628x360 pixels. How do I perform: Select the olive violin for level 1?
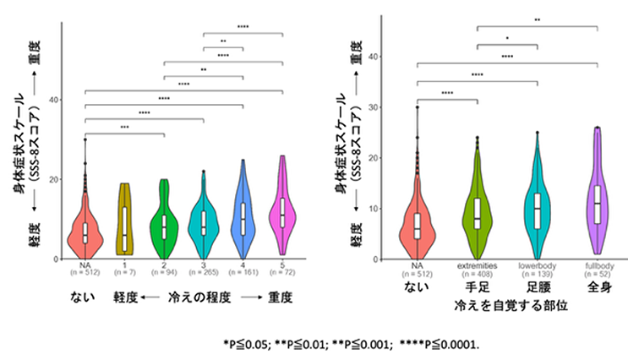pyautogui.click(x=126, y=220)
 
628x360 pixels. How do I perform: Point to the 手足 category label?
pyautogui.click(x=478, y=286)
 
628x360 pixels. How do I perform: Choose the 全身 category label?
pyautogui.click(x=598, y=286)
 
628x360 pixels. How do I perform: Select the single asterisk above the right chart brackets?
pyautogui.click(x=507, y=38)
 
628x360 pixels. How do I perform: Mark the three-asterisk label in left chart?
pyautogui.click(x=124, y=128)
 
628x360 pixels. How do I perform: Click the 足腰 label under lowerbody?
pyautogui.click(x=538, y=286)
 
